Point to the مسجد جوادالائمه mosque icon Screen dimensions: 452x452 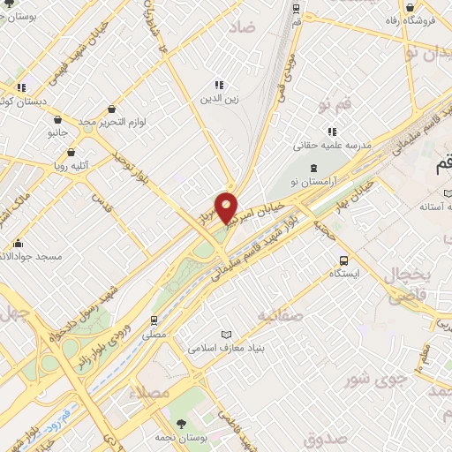(19, 243)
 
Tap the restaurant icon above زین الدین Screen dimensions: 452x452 (218, 86)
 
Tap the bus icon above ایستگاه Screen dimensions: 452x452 (343, 260)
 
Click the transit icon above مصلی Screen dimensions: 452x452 (154, 320)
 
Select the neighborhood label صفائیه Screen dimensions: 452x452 (281, 314)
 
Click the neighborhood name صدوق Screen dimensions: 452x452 (323, 439)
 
